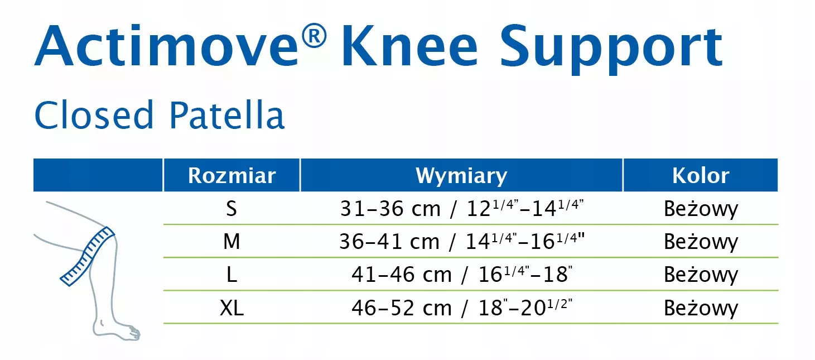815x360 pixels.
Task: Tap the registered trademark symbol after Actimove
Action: (x=314, y=35)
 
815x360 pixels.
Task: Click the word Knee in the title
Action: (x=409, y=46)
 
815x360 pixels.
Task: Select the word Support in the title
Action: (x=611, y=50)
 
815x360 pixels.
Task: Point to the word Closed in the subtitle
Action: (x=94, y=114)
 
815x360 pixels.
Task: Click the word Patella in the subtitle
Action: (x=226, y=114)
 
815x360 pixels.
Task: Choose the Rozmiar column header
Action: (x=232, y=175)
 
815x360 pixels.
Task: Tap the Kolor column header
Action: (x=701, y=175)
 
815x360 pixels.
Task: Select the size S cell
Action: (x=232, y=209)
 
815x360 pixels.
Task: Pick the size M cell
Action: (x=232, y=241)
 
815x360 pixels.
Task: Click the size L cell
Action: (x=232, y=275)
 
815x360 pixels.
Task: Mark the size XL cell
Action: (x=232, y=308)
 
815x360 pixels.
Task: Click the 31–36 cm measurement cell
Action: (x=462, y=208)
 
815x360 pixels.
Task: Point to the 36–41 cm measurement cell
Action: (x=462, y=241)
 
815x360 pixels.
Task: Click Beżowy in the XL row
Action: (x=701, y=308)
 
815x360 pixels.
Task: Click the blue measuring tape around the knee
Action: (x=88, y=256)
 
